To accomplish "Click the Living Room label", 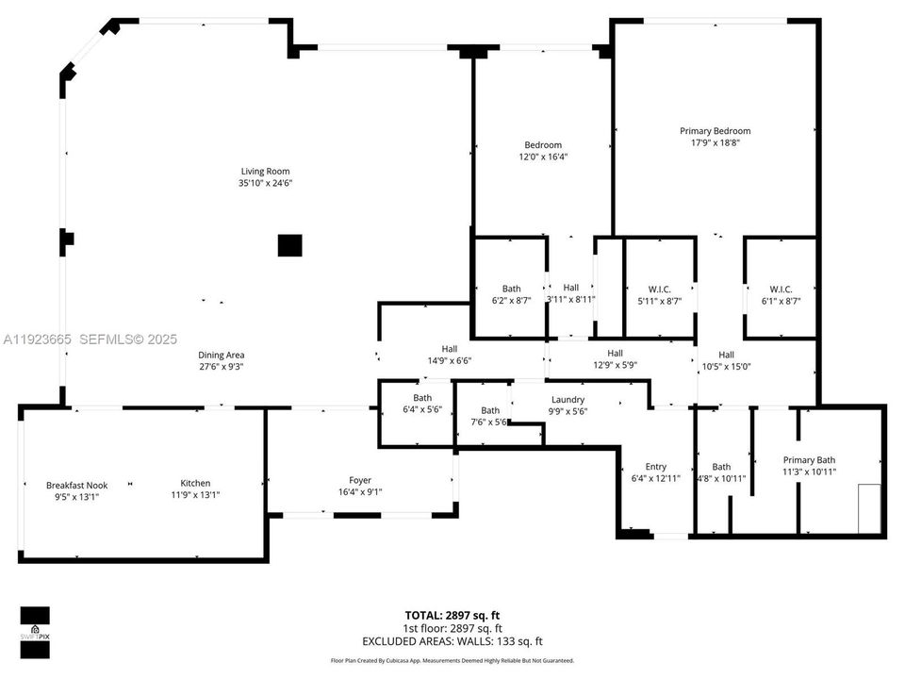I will coord(265,171).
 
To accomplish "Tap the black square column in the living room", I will coord(290,245).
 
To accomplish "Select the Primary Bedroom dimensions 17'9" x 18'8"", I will coord(715,144).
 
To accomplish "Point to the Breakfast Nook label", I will coord(72,485).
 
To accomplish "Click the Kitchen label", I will coord(195,483).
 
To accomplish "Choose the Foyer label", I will coord(359,479).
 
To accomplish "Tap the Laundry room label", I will coord(568,399).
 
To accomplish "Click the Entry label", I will coord(655,467).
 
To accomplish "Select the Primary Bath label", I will coord(809,460).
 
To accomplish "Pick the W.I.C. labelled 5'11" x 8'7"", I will coord(659,295).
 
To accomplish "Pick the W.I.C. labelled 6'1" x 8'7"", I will coord(780,295).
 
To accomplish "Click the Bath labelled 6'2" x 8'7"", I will coord(511,295).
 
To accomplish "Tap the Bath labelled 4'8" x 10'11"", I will coord(721,472).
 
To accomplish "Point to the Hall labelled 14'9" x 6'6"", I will coord(450,354).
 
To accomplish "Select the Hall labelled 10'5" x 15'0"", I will coord(726,360).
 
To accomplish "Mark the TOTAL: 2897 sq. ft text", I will coord(452,615).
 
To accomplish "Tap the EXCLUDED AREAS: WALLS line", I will coord(452,640).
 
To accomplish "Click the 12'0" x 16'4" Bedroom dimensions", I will coord(543,157).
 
